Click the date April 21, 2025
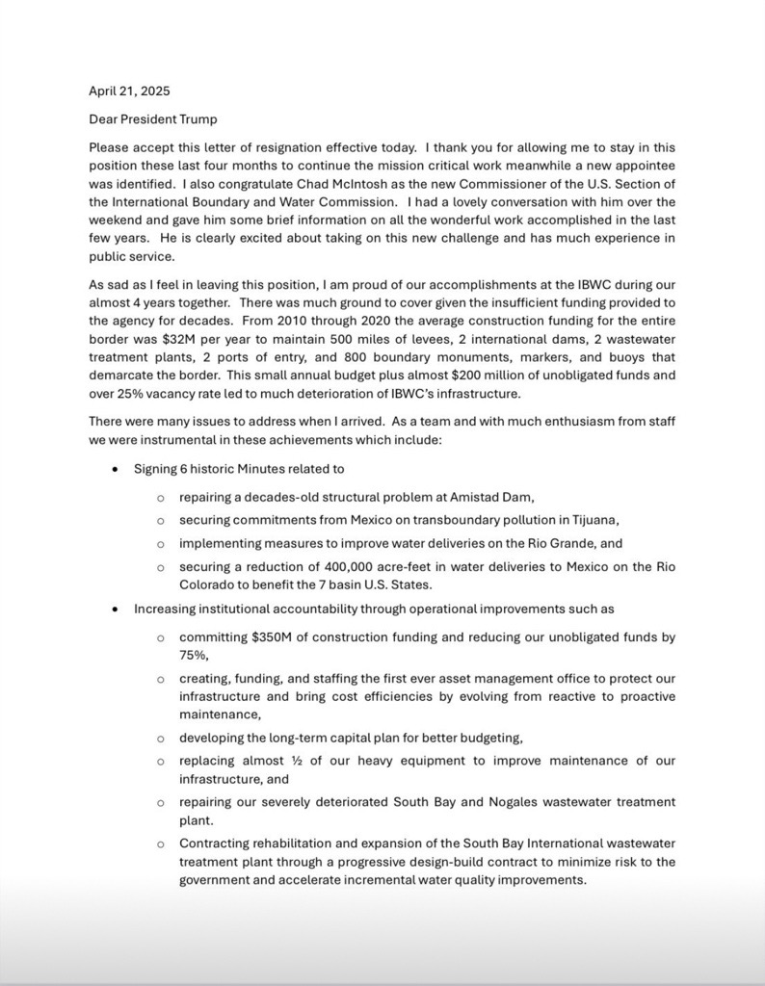(128, 92)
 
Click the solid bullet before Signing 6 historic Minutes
(116, 470)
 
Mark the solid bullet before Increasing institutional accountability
(116, 610)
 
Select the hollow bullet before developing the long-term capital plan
(160, 739)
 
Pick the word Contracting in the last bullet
(217, 843)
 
